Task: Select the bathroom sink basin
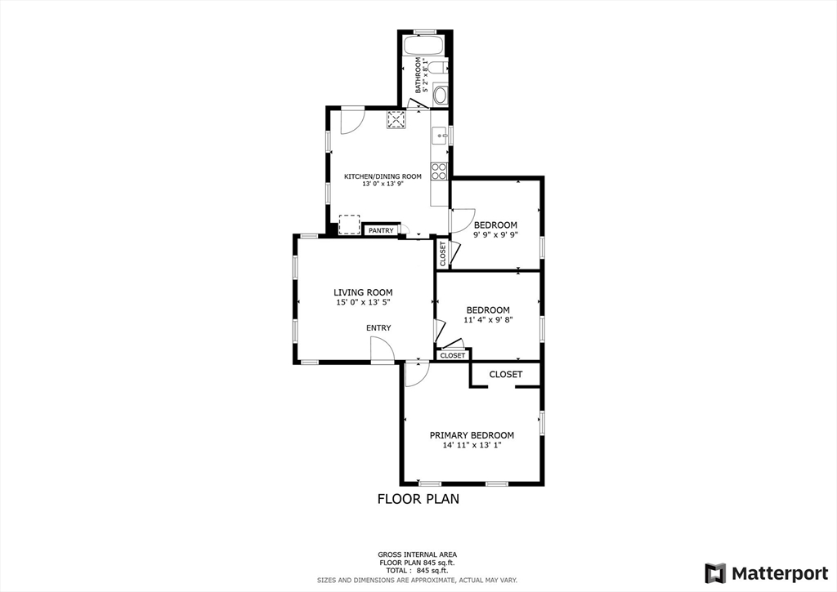(440, 95)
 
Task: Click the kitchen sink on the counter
(439, 136)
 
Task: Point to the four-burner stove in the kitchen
(439, 171)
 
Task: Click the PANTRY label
(381, 231)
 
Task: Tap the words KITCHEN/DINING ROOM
(383, 176)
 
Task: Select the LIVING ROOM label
(363, 292)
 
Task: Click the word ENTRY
(378, 328)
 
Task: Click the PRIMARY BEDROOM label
(472, 435)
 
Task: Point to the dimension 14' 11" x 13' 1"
(472, 446)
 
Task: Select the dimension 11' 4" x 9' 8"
(488, 321)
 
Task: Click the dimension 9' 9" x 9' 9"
(495, 236)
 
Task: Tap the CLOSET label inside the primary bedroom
(505, 374)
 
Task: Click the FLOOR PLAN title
(418, 499)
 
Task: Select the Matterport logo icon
(715, 572)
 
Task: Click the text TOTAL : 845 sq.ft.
(417, 571)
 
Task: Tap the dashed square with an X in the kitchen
(396, 120)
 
